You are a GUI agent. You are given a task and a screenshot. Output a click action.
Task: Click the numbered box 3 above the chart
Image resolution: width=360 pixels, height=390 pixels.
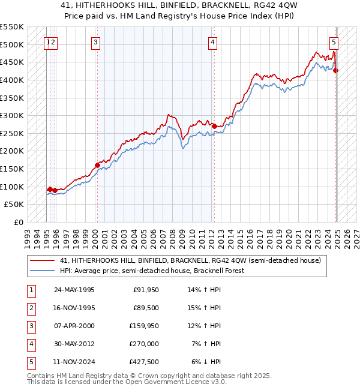pyautogui.click(x=96, y=42)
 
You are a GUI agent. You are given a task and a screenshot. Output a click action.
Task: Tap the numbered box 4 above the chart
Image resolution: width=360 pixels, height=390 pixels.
pyautogui.click(x=213, y=42)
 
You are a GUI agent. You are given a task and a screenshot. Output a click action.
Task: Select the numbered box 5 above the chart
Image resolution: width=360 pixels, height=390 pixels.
pyautogui.click(x=334, y=42)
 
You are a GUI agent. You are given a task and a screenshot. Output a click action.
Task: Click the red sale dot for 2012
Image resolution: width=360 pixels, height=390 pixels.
pyautogui.click(x=214, y=126)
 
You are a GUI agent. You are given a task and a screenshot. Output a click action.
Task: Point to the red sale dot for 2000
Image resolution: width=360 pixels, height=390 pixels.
pyautogui.click(x=97, y=165)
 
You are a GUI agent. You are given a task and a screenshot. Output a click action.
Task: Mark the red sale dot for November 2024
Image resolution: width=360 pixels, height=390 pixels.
pyautogui.click(x=336, y=71)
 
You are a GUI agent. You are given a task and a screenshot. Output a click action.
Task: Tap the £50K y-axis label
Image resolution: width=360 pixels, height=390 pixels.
pyautogui.click(x=14, y=205)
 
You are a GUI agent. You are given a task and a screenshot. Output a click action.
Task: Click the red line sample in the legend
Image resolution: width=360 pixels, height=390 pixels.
pyautogui.click(x=43, y=260)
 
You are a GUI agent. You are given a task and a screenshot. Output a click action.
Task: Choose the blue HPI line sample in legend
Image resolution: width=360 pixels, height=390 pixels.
pyautogui.click(x=43, y=271)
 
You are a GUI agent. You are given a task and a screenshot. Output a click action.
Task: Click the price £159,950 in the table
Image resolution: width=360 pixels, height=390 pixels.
pyautogui.click(x=144, y=326)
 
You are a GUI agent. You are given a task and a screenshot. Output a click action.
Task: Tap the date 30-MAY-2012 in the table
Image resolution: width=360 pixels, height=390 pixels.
pyautogui.click(x=75, y=344)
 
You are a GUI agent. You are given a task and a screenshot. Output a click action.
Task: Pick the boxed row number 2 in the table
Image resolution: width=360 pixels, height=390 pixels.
pyautogui.click(x=31, y=308)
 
